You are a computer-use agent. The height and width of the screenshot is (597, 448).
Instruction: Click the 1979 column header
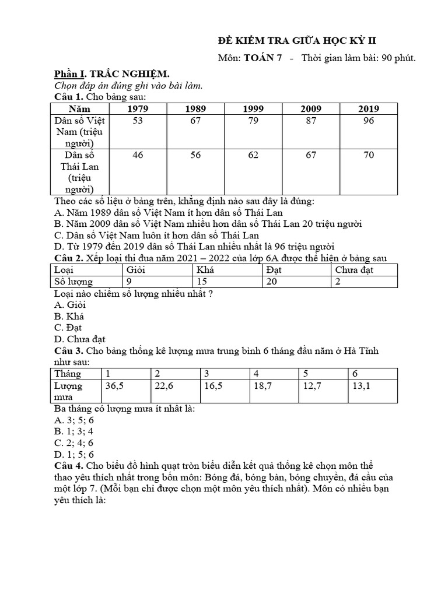(137, 108)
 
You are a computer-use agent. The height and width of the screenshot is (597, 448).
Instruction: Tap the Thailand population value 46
(137, 155)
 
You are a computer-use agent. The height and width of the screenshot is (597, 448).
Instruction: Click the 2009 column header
(311, 108)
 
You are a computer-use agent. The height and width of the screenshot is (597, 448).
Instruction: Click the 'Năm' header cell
(80, 108)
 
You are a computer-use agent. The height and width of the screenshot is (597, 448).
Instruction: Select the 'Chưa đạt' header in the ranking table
(354, 270)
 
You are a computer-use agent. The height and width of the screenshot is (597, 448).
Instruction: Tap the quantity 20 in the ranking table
(272, 282)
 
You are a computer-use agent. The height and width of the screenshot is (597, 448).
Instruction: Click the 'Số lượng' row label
(73, 282)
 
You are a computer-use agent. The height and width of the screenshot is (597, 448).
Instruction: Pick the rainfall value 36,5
(114, 385)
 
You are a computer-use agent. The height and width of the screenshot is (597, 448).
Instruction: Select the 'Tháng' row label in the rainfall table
(68, 374)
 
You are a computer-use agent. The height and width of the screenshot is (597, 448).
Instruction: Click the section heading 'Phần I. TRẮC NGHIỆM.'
(111, 74)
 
